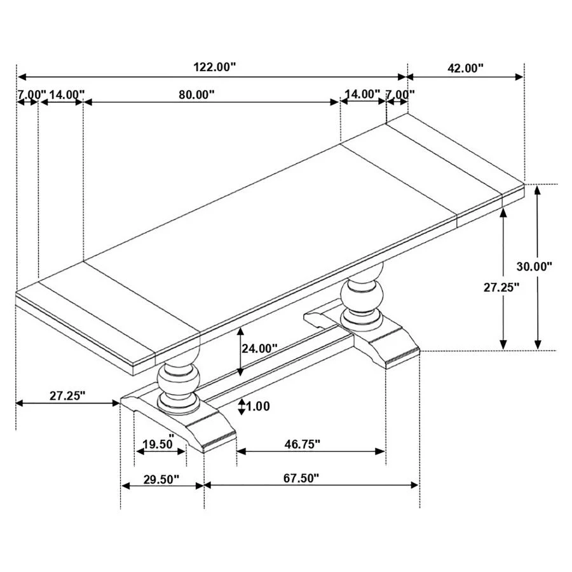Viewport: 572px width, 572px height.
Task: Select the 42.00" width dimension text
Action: pyautogui.click(x=465, y=68)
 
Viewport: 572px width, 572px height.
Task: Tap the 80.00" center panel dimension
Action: pyautogui.click(x=196, y=95)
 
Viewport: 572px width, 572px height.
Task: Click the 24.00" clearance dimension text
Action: pyautogui.click(x=261, y=348)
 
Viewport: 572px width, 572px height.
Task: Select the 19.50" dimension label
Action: pyautogui.click(x=158, y=444)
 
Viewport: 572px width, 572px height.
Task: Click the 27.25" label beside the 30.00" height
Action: pyautogui.click(x=501, y=287)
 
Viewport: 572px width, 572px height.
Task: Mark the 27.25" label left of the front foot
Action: pyautogui.click(x=67, y=395)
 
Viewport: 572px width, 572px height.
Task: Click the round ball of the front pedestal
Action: pyautogui.click(x=179, y=379)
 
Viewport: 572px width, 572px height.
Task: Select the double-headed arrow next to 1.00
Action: pyautogui.click(x=242, y=407)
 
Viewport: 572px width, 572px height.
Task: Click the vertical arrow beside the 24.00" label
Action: pyautogui.click(x=240, y=351)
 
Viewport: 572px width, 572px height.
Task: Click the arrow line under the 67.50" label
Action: pyautogui.click(x=311, y=486)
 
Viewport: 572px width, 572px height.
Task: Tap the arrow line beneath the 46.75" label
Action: pyautogui.click(x=311, y=451)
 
